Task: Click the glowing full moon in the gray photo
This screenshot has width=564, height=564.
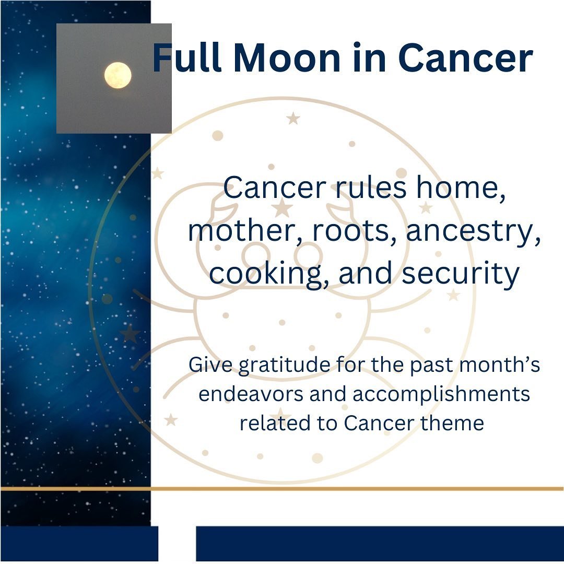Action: (118, 75)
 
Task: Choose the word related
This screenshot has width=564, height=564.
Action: (274, 422)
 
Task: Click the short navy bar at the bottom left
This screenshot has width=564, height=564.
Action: (79, 543)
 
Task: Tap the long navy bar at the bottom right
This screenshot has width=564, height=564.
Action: (380, 543)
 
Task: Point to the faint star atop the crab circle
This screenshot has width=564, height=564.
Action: (293, 119)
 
